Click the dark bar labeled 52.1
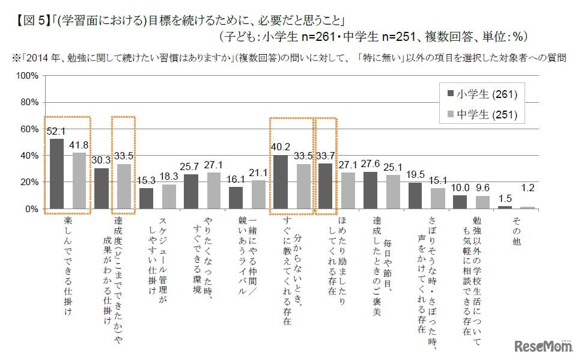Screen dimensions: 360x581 click(56, 174)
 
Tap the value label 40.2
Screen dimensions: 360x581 click(281, 145)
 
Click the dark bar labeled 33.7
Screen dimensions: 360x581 click(325, 186)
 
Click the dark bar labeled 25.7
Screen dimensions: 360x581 click(191, 192)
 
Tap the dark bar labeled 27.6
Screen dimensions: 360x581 click(370, 191)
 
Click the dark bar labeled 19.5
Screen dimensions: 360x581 click(415, 196)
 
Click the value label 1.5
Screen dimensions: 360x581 click(505, 197)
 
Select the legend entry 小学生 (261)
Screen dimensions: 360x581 click(481, 94)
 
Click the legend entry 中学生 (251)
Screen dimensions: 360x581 click(481, 115)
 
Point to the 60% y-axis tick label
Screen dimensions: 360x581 click(29, 129)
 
